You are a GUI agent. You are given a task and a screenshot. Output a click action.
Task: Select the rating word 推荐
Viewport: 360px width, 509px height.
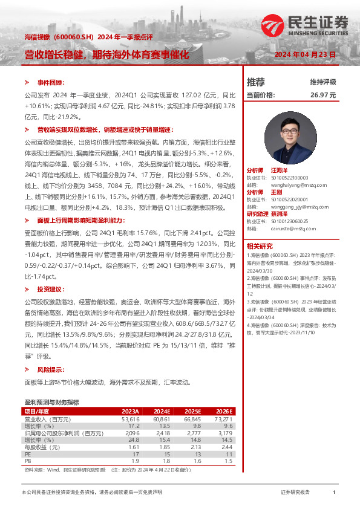(256, 82)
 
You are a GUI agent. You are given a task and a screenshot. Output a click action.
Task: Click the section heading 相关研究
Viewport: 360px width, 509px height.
(259, 245)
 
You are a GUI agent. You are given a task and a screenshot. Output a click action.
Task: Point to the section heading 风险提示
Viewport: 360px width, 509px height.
(50, 369)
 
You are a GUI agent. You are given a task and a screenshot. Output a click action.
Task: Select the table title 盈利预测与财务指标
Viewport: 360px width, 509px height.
(51, 402)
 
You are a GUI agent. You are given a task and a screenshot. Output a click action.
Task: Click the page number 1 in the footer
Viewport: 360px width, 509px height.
(334, 493)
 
